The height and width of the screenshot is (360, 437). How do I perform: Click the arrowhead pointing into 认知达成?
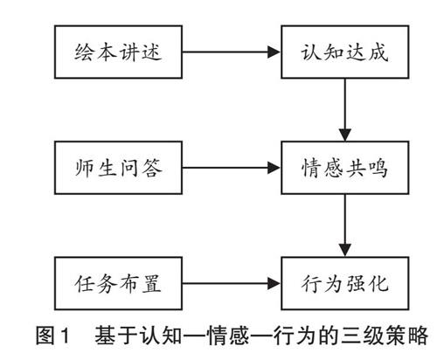pos(274,52)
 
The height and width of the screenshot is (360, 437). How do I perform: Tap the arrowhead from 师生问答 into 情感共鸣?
pos(274,168)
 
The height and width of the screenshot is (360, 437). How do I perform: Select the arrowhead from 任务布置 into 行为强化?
pos(274,283)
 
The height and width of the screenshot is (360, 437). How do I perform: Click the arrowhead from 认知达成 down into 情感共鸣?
pos(345,135)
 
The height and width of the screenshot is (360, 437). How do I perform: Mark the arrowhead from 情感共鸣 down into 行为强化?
pos(345,251)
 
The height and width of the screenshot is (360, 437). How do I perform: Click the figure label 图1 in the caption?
pos(52,336)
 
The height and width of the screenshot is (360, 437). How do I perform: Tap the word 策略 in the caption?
pos(406,336)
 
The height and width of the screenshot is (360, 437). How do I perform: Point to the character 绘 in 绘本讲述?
pos(84,52)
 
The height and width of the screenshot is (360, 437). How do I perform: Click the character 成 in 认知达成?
pos(378,52)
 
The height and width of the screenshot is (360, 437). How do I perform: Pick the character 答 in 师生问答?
pos(152,168)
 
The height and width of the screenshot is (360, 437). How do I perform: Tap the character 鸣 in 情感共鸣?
pos(378,168)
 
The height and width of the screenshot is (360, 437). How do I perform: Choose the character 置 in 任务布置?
pos(152,284)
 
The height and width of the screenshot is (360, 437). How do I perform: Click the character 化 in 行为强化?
pos(378,284)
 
